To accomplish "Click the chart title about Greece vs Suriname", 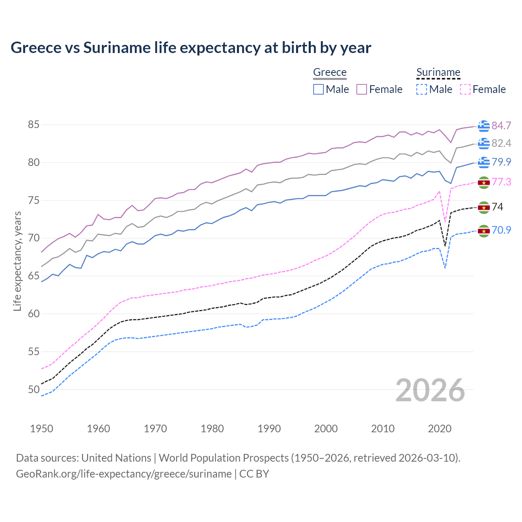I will (191, 48).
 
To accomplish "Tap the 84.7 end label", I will (501, 126).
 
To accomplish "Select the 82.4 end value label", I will (501, 143).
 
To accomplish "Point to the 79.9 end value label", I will (501, 162).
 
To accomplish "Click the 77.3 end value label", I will (501, 182).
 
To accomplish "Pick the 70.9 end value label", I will (501, 230).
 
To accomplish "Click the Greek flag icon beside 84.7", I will (484, 126).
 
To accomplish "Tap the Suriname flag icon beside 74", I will (484, 207).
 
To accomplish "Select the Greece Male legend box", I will (319, 89).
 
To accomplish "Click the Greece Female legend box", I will (362, 89).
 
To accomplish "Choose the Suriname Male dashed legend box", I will (422, 89).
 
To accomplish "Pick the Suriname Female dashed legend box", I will (465, 89).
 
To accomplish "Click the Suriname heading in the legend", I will (438, 73).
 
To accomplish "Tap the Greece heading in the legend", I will (330, 73).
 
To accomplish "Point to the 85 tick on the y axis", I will (33, 125).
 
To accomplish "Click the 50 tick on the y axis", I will (33, 389).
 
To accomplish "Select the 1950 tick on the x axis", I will (42, 429).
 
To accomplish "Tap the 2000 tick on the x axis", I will (326, 429).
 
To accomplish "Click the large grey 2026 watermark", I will (430, 390).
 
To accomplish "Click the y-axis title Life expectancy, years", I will (18, 261).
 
